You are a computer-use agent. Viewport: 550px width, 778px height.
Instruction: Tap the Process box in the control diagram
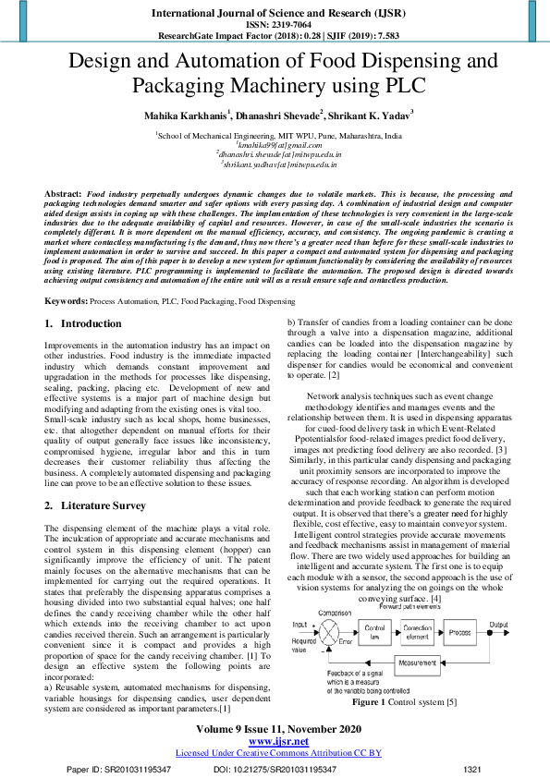tap(467, 632)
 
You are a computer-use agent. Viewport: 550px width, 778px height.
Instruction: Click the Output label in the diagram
tap(525, 625)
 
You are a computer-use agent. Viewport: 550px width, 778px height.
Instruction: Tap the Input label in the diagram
tap(299, 625)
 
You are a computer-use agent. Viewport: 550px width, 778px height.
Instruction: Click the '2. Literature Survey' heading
tap(95, 506)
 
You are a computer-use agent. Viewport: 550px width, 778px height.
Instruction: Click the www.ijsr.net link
tap(278, 740)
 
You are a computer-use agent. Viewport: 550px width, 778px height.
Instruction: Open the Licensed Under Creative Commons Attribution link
tap(278, 752)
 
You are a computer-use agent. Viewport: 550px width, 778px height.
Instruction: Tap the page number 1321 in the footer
tap(471, 769)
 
